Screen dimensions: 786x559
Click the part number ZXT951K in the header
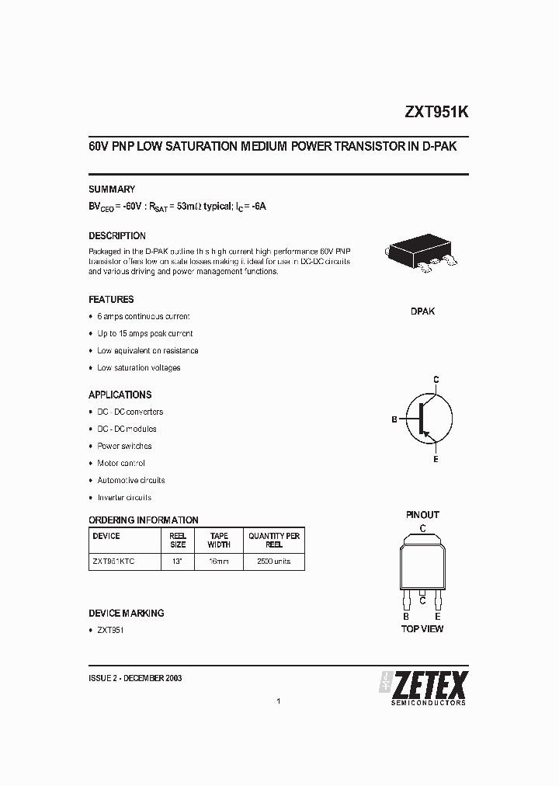pos(436,112)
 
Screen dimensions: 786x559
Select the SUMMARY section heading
pos(112,190)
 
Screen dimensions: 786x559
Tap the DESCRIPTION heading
pos(117,236)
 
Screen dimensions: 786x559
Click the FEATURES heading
pos(111,300)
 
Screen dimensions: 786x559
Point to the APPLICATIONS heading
pos(120,395)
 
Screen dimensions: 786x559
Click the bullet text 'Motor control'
pos(121,464)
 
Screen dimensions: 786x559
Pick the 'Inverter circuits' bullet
pos(124,498)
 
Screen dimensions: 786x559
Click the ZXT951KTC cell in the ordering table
pos(113,561)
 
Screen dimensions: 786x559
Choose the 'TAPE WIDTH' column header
pos(219,541)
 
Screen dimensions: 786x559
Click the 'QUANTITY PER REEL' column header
pos(274,541)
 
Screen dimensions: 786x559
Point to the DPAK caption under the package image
pos(422,311)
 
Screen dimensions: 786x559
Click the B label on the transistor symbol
pos(394,419)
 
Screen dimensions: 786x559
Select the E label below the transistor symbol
pos(436,460)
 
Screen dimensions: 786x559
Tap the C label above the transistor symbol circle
pos(436,379)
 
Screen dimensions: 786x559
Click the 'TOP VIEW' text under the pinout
pos(422,628)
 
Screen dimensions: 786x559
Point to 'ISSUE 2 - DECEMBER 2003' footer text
pos(136,678)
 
